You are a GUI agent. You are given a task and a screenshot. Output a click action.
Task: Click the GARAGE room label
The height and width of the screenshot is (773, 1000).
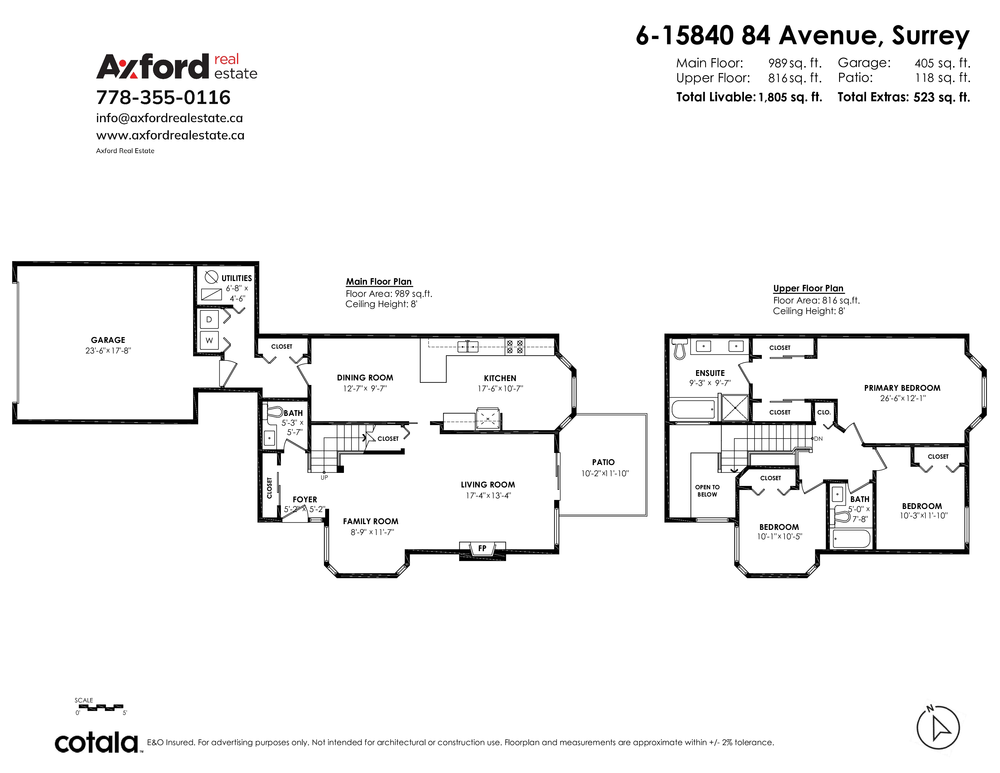click(x=108, y=340)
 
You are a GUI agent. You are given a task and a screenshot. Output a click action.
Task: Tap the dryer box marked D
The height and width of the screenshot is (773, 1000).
click(x=209, y=319)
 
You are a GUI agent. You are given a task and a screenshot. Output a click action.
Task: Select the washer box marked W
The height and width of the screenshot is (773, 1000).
click(x=209, y=340)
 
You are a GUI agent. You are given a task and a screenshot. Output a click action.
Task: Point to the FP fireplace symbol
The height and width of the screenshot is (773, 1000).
click(x=482, y=549)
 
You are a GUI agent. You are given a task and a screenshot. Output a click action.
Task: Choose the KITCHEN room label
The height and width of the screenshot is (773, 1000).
click(x=500, y=378)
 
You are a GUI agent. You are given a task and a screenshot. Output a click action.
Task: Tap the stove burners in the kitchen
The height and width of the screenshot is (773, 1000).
click(x=515, y=347)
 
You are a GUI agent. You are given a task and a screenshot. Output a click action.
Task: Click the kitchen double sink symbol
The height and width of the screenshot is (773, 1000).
click(x=468, y=347)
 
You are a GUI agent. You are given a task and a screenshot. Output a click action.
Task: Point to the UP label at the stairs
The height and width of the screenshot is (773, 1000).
click(x=324, y=478)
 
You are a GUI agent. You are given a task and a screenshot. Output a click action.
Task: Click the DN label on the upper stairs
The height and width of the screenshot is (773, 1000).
click(x=818, y=439)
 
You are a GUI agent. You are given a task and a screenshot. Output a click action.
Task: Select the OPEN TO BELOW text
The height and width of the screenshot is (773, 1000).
click(x=707, y=491)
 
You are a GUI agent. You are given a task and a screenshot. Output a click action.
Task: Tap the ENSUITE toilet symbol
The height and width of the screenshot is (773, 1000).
click(x=679, y=349)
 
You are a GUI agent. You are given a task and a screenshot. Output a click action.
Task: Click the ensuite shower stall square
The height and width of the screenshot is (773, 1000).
click(x=735, y=407)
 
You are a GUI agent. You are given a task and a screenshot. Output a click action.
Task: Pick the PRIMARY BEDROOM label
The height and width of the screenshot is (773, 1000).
click(x=902, y=388)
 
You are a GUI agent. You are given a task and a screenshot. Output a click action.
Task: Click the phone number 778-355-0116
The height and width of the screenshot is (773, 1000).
click(x=163, y=97)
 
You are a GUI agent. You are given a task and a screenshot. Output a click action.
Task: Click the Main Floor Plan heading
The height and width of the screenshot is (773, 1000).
click(x=379, y=282)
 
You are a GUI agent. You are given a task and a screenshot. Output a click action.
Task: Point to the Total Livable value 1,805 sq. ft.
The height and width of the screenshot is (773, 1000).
click(x=790, y=97)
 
